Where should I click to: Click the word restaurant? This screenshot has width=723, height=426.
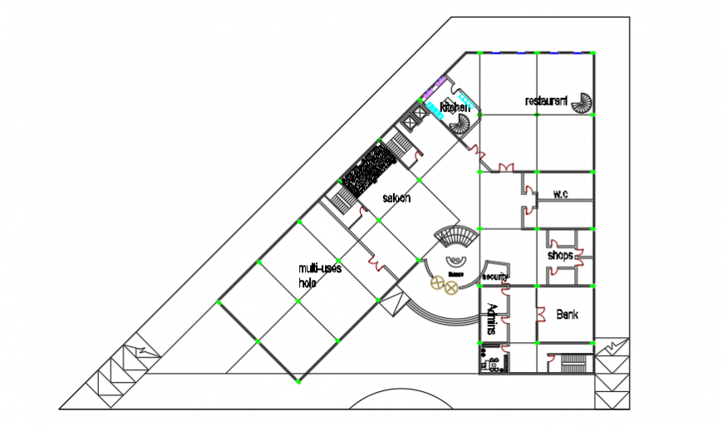click(546, 101)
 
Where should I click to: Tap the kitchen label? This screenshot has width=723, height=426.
click(455, 108)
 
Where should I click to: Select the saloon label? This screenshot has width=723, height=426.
click(396, 198)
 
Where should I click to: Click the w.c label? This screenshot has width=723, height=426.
click(560, 195)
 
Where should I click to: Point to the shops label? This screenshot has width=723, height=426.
click(561, 256)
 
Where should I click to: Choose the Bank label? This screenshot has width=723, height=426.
click(567, 316)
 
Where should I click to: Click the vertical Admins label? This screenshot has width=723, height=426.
click(491, 320)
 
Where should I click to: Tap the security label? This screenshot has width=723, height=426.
click(494, 277)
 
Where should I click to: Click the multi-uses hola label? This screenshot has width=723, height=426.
click(320, 275)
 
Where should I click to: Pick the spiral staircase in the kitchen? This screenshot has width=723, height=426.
click(460, 125)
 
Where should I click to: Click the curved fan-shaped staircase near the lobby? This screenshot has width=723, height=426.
click(458, 236)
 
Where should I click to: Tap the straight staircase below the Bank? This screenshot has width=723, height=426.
click(574, 364)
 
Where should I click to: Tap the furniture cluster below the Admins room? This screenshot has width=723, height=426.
click(493, 362)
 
